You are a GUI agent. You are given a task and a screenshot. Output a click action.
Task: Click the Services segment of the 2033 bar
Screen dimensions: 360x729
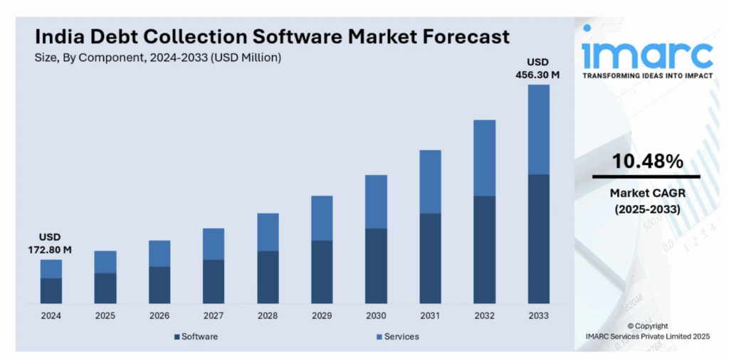pos(538,129)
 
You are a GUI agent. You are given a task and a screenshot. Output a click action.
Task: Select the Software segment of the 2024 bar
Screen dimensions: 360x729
pos(51,290)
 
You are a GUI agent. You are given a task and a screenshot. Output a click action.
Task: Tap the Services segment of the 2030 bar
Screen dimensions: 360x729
pos(376,201)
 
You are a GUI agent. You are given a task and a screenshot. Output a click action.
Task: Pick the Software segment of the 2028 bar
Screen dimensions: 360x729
pos(268,277)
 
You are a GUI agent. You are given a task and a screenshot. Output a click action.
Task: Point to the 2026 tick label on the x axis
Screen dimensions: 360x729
pos(159,316)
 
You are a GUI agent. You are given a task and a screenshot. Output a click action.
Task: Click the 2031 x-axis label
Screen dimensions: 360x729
pos(430,316)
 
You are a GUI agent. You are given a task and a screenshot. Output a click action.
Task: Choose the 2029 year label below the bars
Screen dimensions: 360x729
pos(322,316)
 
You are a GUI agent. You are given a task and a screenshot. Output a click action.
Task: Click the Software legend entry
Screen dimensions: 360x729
pos(196,337)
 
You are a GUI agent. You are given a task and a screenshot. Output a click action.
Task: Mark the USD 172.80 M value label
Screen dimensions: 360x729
pos(51,243)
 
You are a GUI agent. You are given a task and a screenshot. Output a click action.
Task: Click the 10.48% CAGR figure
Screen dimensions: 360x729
pos(648,162)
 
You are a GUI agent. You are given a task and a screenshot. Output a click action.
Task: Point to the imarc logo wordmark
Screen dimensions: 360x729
pos(646,53)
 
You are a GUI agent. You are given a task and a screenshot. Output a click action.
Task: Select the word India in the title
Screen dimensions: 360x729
pos(59,36)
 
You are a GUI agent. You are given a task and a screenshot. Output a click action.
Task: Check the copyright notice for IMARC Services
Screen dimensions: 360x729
pos(646,330)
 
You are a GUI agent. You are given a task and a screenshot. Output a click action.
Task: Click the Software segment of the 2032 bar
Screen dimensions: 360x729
pos(484,249)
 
